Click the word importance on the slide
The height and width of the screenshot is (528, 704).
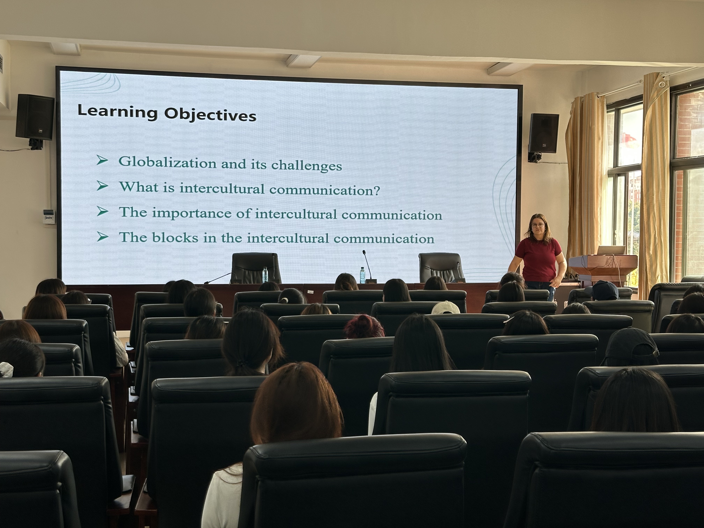pos(192,213)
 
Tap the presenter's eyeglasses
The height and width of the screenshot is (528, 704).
pos(538,225)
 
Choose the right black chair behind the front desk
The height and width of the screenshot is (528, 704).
pos(442,267)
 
